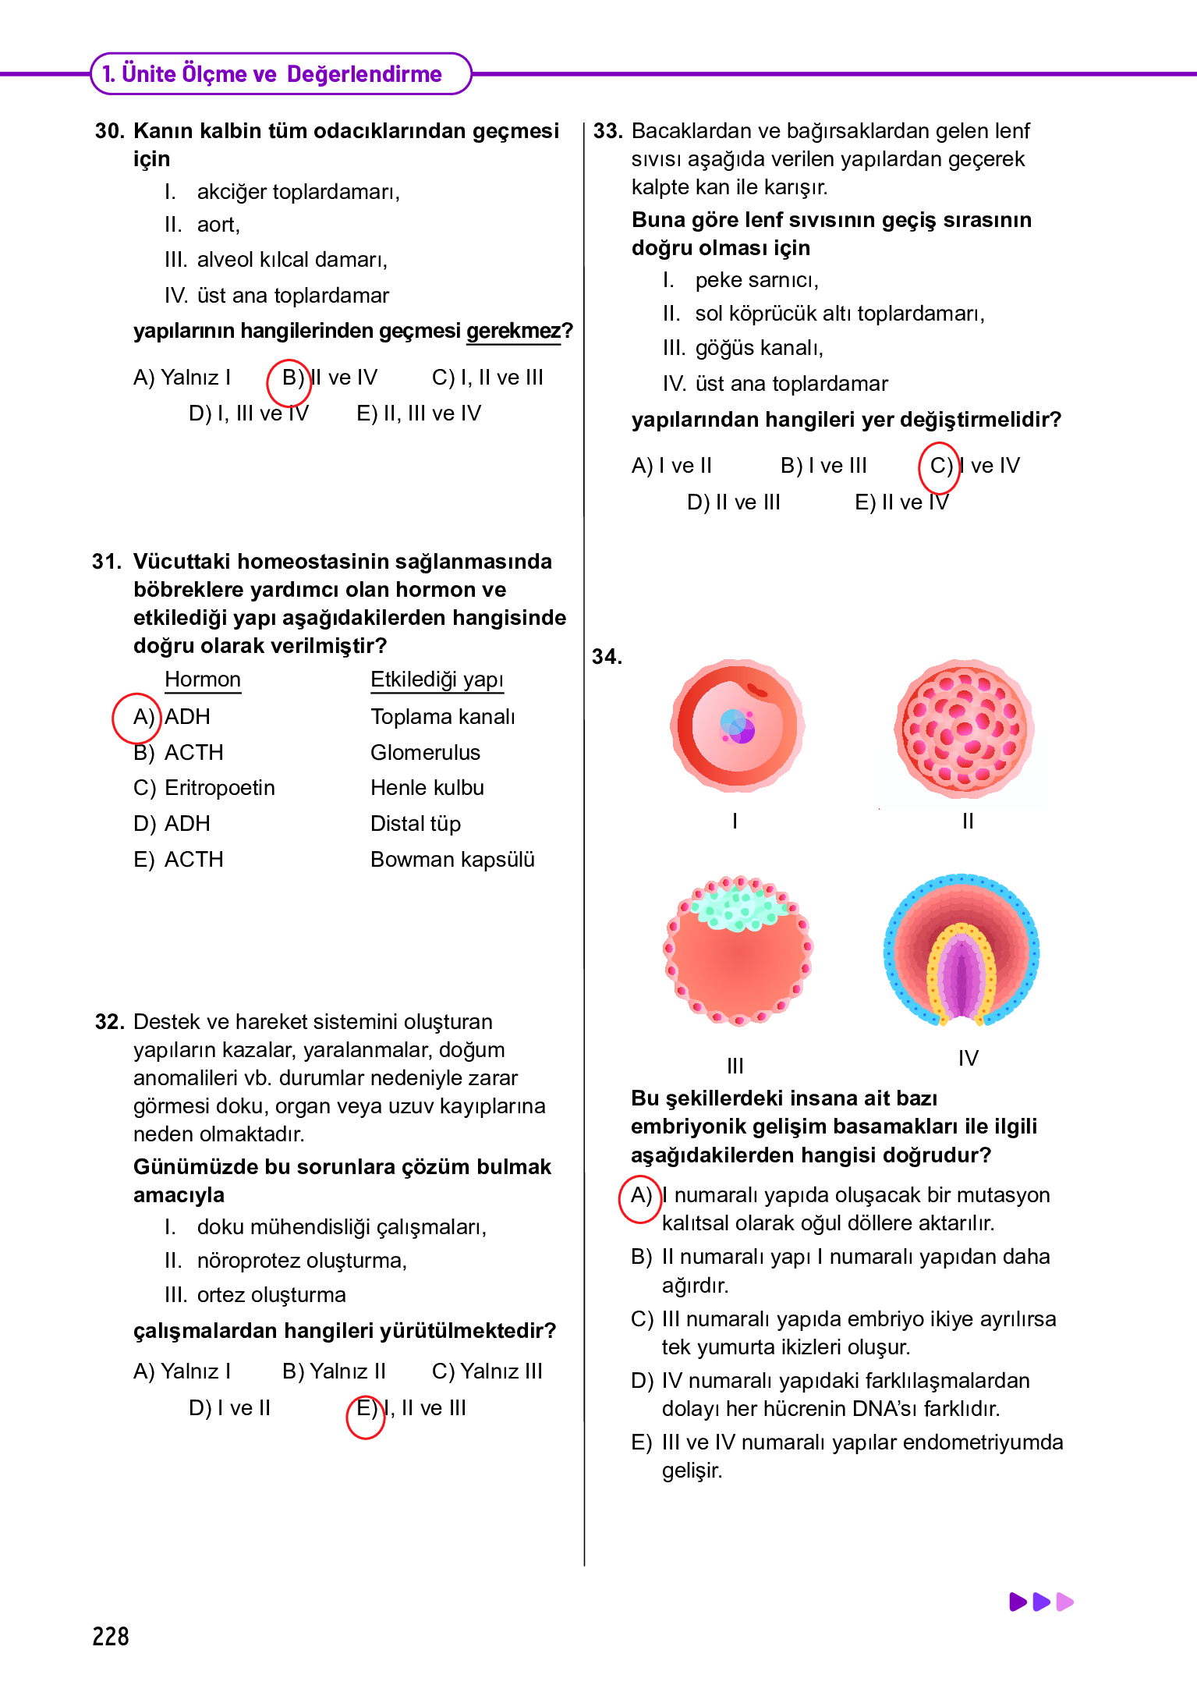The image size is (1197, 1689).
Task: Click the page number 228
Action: pos(110,1636)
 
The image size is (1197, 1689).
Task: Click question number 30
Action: pos(110,131)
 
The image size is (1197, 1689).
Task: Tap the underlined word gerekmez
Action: pos(513,332)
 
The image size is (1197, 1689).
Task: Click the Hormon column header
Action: pos(203,680)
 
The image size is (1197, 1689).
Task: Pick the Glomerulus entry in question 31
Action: pos(425,753)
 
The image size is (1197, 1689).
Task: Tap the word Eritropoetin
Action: pos(220,788)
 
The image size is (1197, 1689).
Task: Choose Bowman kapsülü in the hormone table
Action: pos(452,860)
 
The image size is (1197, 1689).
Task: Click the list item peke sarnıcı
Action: pos(756,280)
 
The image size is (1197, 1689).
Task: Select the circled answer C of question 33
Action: pos(939,467)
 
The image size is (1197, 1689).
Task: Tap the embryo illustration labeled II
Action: pos(964,729)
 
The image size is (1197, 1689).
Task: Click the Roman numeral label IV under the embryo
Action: pos(968,1059)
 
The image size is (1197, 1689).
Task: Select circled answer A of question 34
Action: pos(640,1197)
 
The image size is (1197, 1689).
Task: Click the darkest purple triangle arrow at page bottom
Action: pos(1018,1602)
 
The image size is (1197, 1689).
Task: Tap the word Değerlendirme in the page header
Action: pos(364,74)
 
